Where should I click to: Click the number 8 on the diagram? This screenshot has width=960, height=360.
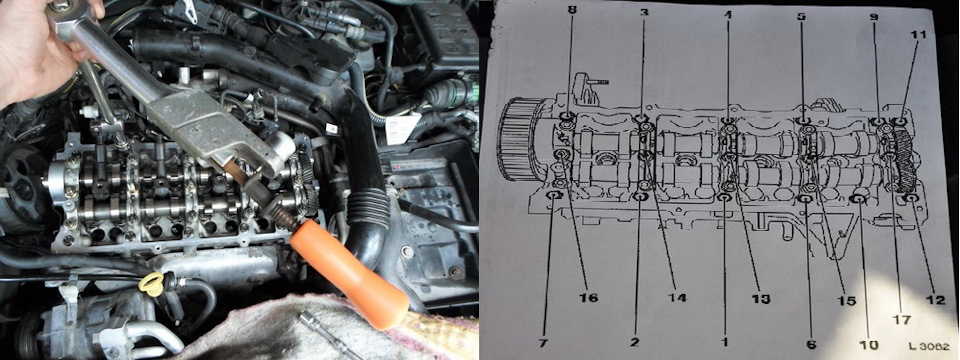coord(571,9)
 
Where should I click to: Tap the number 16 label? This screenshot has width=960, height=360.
coord(588,298)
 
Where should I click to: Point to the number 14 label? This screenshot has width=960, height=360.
coord(678,298)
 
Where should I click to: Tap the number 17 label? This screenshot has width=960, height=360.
coord(902,320)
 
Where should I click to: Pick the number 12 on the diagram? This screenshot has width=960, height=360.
coord(936,299)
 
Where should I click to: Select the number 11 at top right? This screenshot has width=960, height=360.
coord(918,35)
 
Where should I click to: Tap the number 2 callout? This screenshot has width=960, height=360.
coord(634,342)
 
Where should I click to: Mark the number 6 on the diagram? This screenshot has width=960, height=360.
coord(811,345)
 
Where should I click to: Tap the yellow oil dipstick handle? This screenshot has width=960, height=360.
coord(151,284)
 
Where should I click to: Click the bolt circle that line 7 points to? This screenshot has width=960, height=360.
coord(553,196)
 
